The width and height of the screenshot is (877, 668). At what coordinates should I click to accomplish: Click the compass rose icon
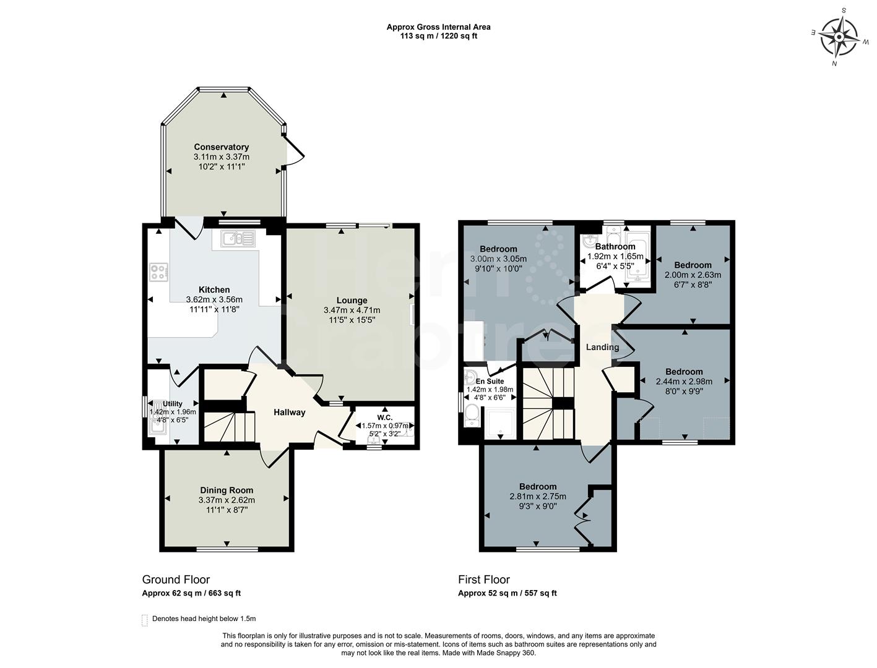pyautogui.click(x=838, y=36)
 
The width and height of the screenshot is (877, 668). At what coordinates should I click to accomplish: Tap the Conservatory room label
pyautogui.click(x=221, y=147)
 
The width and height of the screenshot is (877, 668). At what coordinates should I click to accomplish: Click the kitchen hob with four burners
pyautogui.click(x=158, y=272)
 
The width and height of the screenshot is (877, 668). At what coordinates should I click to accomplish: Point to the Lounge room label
pyautogui.click(x=352, y=301)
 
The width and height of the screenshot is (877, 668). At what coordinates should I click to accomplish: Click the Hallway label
pyautogui.click(x=290, y=413)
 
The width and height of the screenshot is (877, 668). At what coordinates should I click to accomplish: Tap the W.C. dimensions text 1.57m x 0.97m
pyautogui.click(x=385, y=426)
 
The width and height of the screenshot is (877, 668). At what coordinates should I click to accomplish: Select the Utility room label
pyautogui.click(x=173, y=404)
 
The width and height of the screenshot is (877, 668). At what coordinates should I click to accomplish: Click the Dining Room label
pyautogui.click(x=227, y=490)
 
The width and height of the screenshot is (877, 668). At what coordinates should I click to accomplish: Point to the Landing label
pyautogui.click(x=602, y=347)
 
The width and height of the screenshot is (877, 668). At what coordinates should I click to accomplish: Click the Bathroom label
pyautogui.click(x=615, y=247)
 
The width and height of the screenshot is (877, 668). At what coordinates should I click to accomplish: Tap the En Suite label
pyautogui.click(x=490, y=382)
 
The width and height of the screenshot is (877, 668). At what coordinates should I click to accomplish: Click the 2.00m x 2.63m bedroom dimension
pyautogui.click(x=693, y=275)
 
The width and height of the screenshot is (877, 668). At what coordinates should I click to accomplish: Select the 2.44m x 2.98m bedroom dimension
pyautogui.click(x=684, y=382)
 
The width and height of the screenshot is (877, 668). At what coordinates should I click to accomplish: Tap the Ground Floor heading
pyautogui.click(x=176, y=580)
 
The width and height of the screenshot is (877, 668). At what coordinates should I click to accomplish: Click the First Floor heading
pyautogui.click(x=483, y=580)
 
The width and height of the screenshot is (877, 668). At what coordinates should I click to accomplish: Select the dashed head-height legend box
pyautogui.click(x=145, y=620)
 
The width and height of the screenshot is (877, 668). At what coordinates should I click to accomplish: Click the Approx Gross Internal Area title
pyautogui.click(x=438, y=27)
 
